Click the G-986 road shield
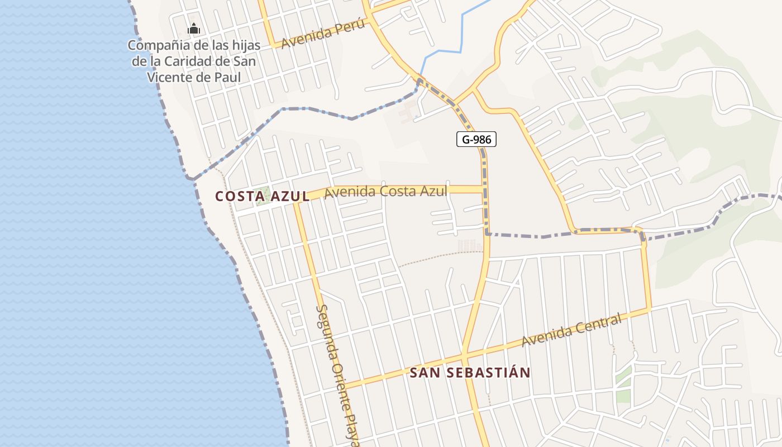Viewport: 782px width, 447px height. [x=476, y=139]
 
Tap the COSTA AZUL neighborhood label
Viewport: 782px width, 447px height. [x=262, y=196]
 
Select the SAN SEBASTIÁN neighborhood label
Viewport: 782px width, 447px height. [x=470, y=373]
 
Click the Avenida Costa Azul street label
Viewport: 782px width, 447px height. [x=385, y=191]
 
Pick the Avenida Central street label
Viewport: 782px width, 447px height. [x=571, y=330]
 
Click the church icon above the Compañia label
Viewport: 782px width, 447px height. [x=194, y=28]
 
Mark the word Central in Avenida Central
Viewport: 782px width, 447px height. [x=595, y=324]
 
